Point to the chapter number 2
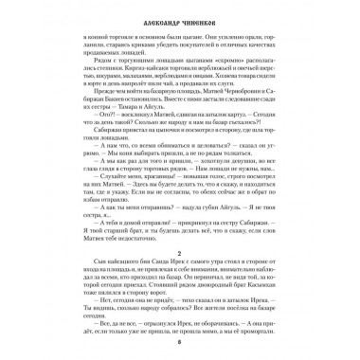click(180, 243)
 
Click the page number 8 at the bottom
click(180, 344)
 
